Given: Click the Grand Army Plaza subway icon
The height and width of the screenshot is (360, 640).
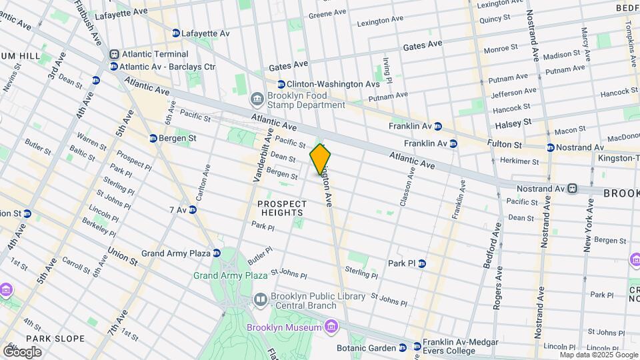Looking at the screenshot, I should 217,253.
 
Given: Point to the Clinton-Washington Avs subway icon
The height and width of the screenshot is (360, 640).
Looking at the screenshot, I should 281,84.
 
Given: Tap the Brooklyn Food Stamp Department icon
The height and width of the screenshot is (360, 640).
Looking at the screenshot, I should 257,100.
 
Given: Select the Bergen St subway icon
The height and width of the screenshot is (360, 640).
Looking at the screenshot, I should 153,138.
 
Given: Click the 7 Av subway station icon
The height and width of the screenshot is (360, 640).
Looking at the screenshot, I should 193,210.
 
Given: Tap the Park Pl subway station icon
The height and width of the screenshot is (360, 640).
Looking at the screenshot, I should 421,263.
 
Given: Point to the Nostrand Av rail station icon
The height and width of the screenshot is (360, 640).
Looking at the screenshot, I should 573,189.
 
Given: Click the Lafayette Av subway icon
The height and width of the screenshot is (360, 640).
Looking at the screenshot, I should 176,33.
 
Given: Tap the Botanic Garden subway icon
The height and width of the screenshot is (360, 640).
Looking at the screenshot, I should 402,347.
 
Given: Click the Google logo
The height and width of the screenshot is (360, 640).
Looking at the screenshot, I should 22,351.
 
